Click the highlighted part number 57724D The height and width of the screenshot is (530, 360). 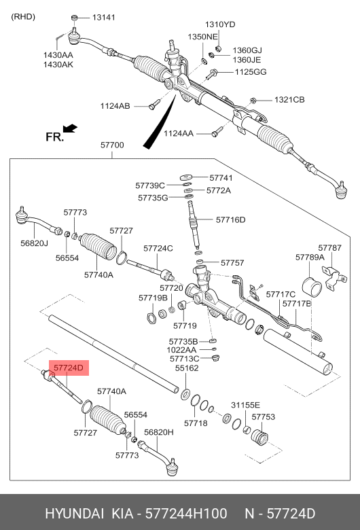pos(68,368)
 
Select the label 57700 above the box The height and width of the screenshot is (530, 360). pos(112,145)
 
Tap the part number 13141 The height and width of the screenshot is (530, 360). pos(105,16)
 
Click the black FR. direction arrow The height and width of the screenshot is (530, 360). pos(69,128)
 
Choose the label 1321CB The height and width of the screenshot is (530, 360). pos(289,100)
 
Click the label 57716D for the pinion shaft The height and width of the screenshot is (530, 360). pos(230,219)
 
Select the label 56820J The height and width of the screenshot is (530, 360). pos(34,243)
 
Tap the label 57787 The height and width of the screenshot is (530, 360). pos(330,248)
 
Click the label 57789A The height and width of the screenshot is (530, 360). pos(310,258)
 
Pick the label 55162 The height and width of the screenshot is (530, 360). pos(187,368)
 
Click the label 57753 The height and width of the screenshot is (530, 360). pos(263,417)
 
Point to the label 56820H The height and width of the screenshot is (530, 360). pos(160,432)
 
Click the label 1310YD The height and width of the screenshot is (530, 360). pos(220,24)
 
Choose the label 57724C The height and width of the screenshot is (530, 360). pos(158,248)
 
